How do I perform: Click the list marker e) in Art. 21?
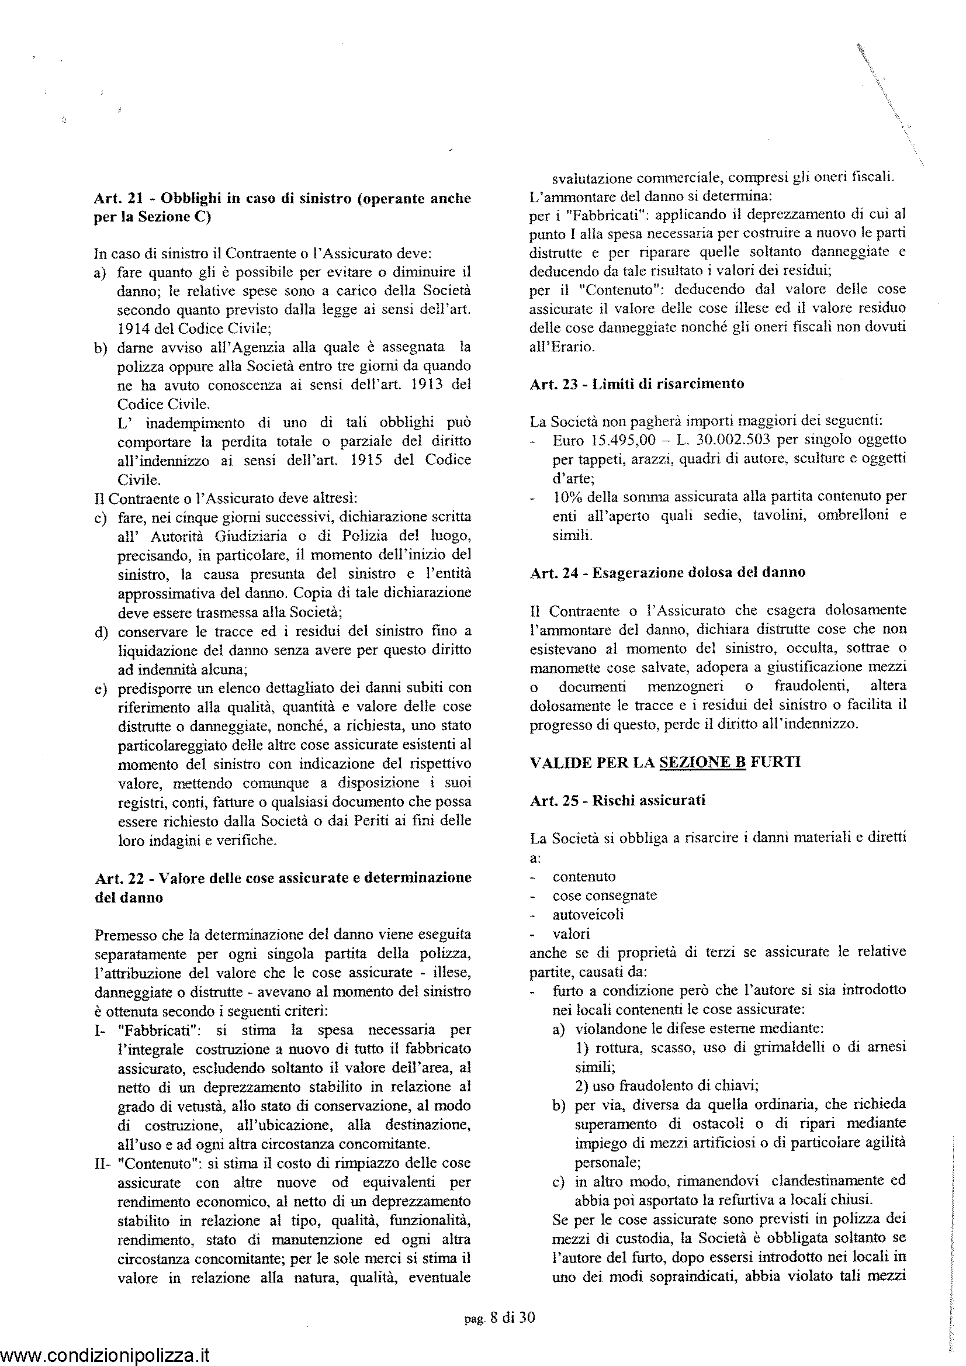[x=100, y=689]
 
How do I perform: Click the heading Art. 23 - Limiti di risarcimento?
[x=636, y=384]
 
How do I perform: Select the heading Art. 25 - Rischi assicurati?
[x=617, y=800]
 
